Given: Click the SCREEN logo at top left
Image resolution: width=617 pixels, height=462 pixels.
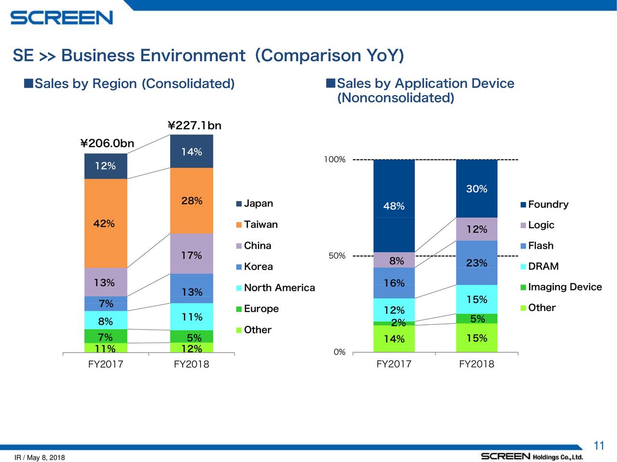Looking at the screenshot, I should [x=62, y=18].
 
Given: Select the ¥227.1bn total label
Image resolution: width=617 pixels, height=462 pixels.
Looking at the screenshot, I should [x=194, y=126].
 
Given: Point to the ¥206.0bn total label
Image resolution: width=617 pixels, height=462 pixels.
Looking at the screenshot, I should [x=107, y=143].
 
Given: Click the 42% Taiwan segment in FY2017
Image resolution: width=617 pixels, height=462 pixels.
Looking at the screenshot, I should [x=106, y=223].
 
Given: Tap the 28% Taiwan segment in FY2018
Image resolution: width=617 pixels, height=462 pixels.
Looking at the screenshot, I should [x=191, y=201].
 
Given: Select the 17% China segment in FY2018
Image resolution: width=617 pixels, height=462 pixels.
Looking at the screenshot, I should [x=191, y=255].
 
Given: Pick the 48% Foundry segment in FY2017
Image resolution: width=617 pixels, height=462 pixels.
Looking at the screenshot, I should [x=394, y=206].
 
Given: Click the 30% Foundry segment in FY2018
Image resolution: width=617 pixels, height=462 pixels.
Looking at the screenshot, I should [x=476, y=189].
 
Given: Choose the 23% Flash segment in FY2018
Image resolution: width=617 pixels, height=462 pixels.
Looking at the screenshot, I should [x=476, y=263].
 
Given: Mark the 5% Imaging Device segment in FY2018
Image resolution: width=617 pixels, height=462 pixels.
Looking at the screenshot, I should [x=477, y=319].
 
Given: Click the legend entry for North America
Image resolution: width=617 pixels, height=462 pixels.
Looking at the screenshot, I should [x=279, y=288].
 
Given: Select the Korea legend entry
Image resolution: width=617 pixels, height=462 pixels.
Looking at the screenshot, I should [x=258, y=267].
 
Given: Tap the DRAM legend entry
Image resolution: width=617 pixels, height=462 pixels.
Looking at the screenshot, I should [x=543, y=266].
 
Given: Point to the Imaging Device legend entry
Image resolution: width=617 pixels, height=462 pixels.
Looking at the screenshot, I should [x=564, y=287].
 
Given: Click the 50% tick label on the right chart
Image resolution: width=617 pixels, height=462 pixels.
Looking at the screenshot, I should [x=337, y=256].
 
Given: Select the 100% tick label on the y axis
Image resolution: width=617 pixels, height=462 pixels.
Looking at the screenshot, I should [x=335, y=159].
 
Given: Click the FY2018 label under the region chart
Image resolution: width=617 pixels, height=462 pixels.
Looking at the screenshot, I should [x=191, y=364].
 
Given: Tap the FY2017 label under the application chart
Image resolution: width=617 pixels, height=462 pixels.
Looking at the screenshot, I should [x=394, y=364].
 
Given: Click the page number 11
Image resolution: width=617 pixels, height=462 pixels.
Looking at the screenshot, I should [x=599, y=445].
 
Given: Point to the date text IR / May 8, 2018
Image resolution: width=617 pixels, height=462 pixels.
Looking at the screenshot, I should [x=40, y=457].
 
